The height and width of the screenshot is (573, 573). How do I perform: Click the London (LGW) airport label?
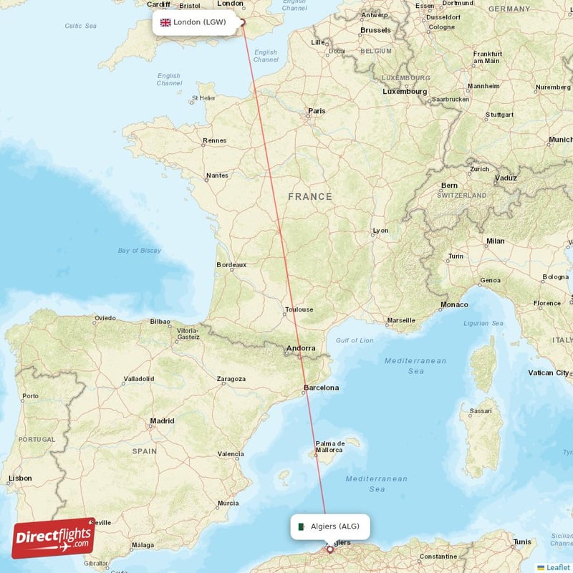coord(193,22)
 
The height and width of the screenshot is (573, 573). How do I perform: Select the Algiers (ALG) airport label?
coord(330,527)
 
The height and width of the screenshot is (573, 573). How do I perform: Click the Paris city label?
coord(316,111)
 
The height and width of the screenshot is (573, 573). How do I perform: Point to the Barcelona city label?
coord(320,387)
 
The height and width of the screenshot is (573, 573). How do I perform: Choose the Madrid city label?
coord(162,421)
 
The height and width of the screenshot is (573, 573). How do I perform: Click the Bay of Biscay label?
coord(140,251)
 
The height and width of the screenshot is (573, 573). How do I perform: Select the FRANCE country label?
coord(310,196)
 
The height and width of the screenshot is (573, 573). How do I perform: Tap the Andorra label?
coord(300,349)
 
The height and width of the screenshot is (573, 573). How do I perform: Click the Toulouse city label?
coord(299,309)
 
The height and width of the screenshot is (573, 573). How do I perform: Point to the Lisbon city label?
coord(19,478)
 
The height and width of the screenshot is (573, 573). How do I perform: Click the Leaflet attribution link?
coord(557,567)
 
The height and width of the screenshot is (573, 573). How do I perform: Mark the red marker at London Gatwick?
coord(242,23)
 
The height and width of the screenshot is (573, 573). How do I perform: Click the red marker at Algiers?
coord(329,550)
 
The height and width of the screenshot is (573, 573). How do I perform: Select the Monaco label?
coord(454,304)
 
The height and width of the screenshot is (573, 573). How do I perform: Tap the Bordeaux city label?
coord(231,264)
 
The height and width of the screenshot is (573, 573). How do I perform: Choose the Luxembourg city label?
coord(405,92)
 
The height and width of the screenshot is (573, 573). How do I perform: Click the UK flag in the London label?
coord(165,22)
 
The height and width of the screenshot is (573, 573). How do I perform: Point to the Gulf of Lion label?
coord(355,340)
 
